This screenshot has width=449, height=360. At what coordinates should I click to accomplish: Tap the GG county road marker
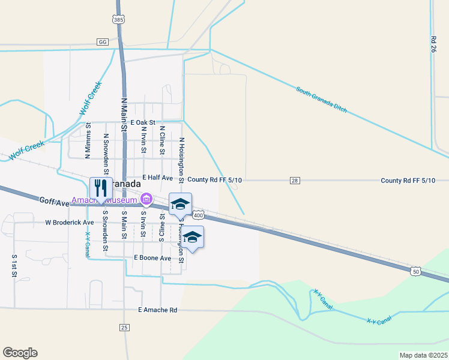point(102,42)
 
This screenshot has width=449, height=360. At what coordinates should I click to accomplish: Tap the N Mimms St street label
point(88,141)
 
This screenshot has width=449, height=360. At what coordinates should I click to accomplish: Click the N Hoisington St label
point(181,158)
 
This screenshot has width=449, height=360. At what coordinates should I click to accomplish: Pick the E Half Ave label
point(157,178)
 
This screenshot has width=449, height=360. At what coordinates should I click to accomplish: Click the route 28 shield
point(294,180)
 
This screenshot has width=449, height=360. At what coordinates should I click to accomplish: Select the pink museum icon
point(146,199)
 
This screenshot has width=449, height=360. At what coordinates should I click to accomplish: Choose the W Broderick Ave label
point(70,222)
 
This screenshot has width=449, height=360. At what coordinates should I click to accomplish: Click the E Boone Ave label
point(152,258)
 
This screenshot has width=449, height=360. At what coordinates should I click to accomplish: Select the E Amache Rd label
point(157,310)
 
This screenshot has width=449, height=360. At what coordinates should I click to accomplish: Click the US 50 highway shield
point(415,272)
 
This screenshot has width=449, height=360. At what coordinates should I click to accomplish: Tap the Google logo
point(20,353)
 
